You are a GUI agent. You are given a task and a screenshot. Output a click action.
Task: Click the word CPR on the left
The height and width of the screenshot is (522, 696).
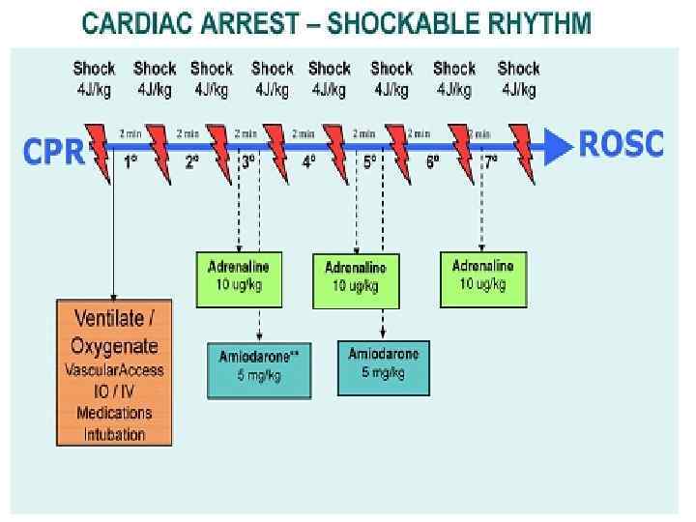(54, 152)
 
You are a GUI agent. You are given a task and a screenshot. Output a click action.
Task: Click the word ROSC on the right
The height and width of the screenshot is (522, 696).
(621, 144)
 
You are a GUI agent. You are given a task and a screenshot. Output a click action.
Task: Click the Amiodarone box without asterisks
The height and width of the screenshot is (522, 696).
(384, 364)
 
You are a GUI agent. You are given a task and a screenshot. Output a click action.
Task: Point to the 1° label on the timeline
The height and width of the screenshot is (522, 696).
(130, 161)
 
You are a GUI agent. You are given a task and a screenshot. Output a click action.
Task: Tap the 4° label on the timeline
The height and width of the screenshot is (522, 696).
(308, 161)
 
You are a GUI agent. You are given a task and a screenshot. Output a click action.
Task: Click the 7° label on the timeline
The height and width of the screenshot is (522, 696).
(491, 161)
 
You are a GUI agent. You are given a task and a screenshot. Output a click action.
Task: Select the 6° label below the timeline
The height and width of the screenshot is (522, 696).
(431, 161)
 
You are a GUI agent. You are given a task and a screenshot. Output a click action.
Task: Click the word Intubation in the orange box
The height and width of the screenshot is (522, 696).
(114, 434)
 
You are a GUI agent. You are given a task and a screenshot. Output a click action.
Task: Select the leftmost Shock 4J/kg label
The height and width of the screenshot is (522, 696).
(94, 77)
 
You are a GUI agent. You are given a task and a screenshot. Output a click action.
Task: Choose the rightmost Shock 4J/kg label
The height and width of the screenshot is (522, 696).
(518, 77)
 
